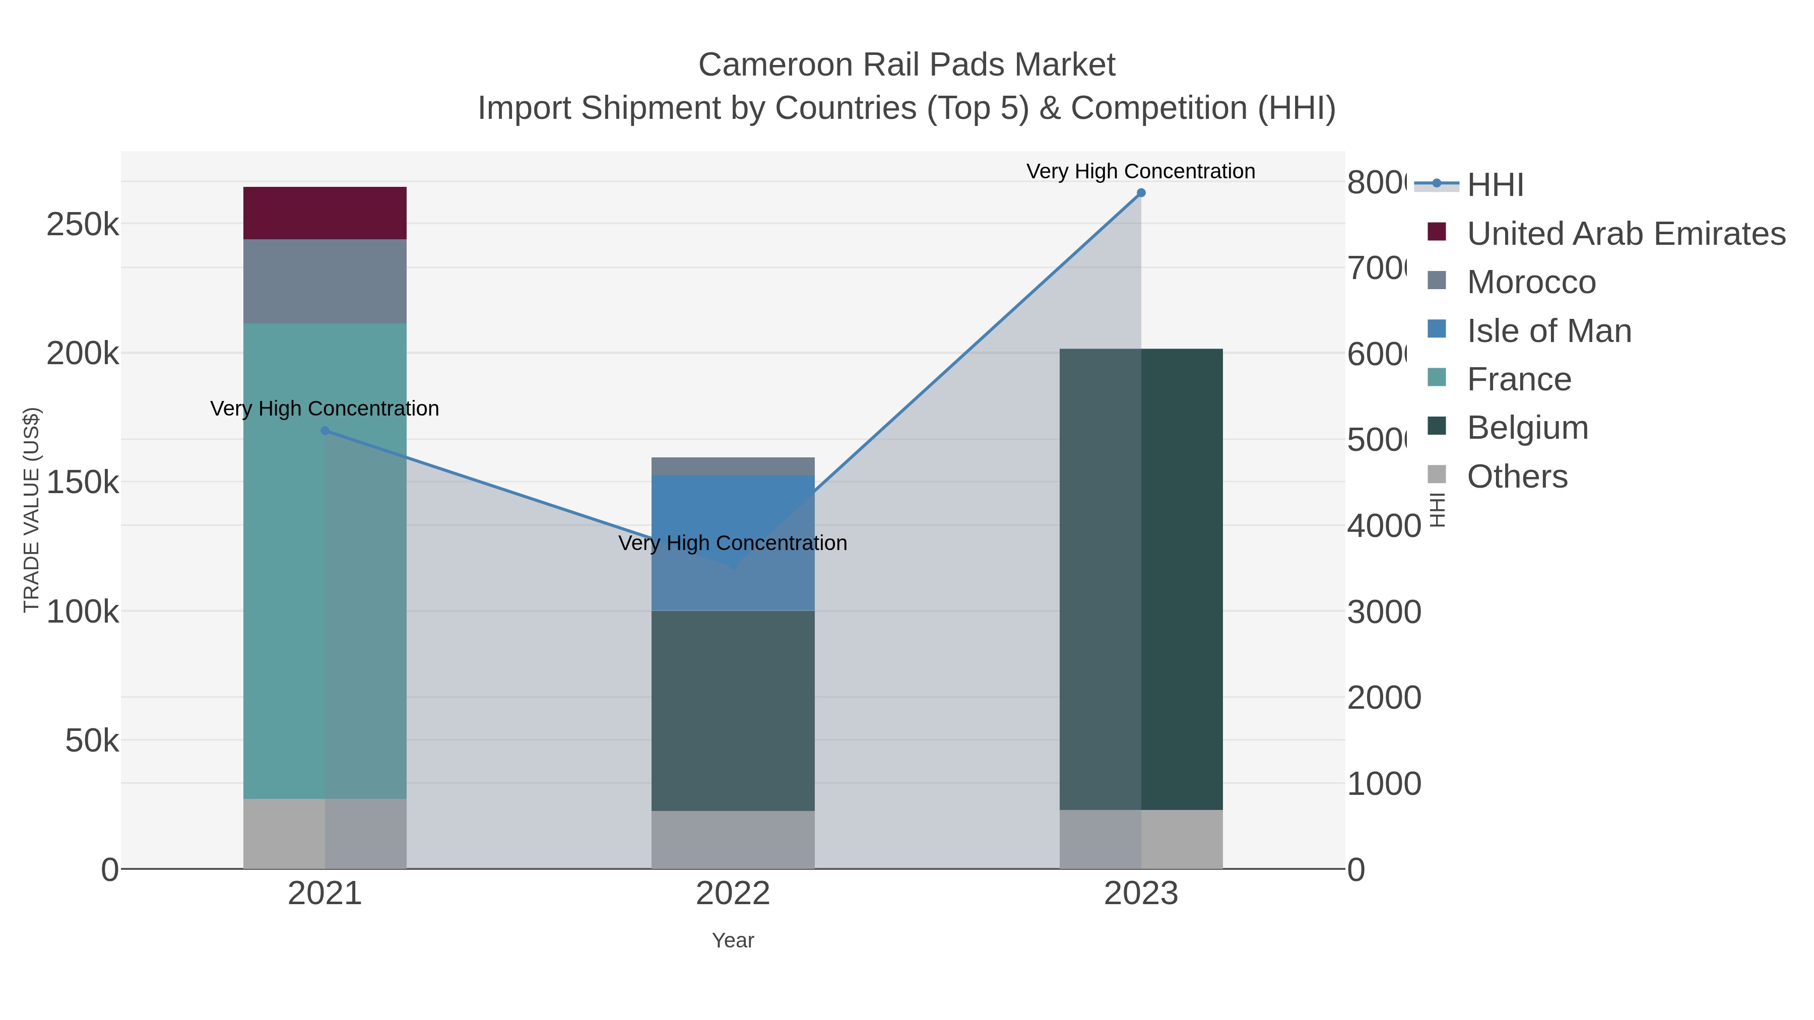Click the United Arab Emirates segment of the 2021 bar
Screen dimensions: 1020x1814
pos(325,213)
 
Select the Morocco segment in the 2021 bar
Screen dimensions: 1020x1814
pos(325,281)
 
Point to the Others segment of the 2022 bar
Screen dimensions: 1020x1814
pos(732,839)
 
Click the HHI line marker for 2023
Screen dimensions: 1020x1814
pos(1141,193)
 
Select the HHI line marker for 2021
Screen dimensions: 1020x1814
pos(325,431)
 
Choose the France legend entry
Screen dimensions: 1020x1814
pos(1519,379)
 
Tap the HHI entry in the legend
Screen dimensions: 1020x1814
pos(1495,185)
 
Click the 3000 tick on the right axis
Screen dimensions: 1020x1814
pos(1384,611)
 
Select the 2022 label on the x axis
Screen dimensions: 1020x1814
pos(732,893)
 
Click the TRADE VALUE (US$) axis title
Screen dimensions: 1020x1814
pos(32,510)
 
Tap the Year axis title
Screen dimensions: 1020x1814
pos(732,940)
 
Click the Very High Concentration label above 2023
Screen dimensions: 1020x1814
pos(1140,171)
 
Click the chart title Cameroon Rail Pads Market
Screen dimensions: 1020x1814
pos(906,65)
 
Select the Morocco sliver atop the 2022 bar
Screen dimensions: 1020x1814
pos(732,466)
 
